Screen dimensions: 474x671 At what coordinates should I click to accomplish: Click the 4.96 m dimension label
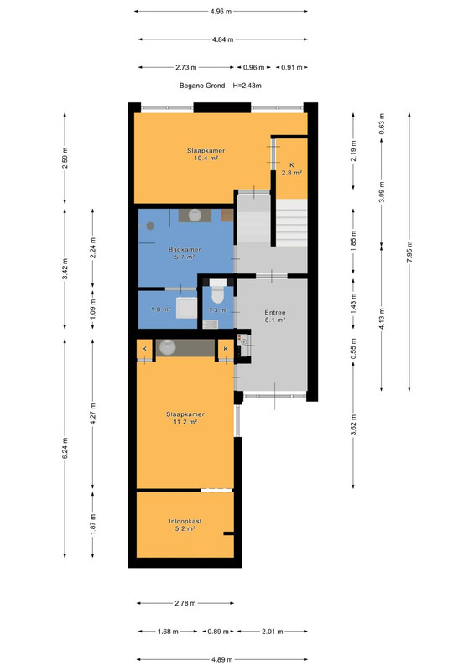221,12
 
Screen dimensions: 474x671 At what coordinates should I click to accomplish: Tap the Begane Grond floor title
202,86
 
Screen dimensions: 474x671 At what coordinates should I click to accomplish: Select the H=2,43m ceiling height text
247,86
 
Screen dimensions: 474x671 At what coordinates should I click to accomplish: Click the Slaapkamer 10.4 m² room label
206,154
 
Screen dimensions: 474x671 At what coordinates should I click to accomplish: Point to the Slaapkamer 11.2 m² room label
185,418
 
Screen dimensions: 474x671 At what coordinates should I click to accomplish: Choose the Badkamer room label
185,253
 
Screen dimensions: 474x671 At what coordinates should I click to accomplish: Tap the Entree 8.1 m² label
275,316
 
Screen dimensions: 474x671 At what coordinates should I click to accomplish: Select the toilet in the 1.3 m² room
218,290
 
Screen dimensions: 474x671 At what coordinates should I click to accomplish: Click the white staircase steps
292,222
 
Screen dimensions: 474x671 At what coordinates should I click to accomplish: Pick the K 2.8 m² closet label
292,169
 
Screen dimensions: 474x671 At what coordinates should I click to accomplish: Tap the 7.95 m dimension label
409,252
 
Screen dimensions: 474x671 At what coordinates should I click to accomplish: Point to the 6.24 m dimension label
65,448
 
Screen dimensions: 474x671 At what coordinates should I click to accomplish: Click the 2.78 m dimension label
185,603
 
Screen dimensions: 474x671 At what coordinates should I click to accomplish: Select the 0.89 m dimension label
218,632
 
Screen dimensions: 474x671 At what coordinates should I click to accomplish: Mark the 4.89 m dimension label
221,659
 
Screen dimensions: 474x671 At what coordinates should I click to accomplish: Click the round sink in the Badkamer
195,215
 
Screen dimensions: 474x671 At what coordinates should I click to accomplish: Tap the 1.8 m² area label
161,309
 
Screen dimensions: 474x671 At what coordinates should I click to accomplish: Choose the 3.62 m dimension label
353,425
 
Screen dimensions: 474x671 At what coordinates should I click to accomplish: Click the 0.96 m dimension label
254,67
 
